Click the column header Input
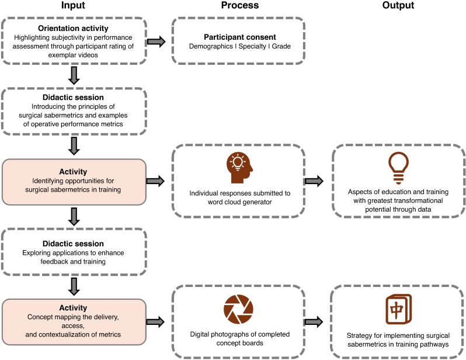click(x=73, y=5)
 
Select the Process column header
click(x=240, y=5)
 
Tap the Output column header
click(x=398, y=5)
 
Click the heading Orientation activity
click(x=73, y=28)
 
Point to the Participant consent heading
click(x=240, y=37)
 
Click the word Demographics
click(x=211, y=46)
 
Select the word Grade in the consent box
click(x=281, y=46)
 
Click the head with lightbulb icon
click(x=239, y=168)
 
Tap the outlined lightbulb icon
click(x=398, y=168)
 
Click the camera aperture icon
click(x=238, y=309)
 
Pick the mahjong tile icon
click(x=398, y=309)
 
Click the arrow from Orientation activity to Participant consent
click(x=156, y=41)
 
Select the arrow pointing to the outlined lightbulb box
click(x=314, y=181)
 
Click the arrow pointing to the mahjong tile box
click(x=314, y=321)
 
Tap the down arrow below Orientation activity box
click(x=74, y=75)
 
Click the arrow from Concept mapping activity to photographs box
click(x=155, y=321)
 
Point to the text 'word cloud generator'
click(x=239, y=202)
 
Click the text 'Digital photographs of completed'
click(x=240, y=334)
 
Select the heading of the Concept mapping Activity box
click(x=73, y=307)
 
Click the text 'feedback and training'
click(x=73, y=262)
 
